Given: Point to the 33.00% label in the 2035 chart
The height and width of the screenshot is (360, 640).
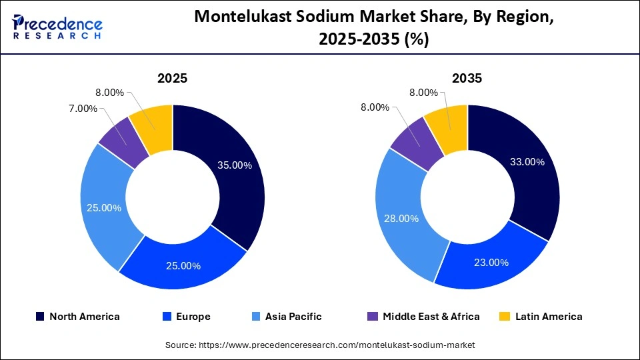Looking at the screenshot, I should tap(526, 162).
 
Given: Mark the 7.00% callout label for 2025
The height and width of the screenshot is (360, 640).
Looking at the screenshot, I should tap(83, 108).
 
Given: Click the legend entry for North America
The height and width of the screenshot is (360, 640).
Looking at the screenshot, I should tap(84, 317).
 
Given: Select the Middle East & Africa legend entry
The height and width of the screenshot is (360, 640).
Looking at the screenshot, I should tap(431, 317).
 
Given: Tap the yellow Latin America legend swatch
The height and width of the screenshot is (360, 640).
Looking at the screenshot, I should tap(507, 317).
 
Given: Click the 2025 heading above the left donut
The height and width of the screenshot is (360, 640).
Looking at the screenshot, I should tap(172, 78).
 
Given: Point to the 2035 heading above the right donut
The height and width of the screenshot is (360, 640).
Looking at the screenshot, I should tap(467, 78).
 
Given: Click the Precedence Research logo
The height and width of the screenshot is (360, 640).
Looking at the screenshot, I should tap(57, 27).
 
